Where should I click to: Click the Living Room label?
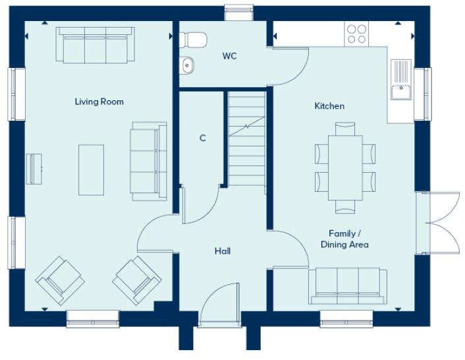99,102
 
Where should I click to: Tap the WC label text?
229,56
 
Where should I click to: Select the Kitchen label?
329,105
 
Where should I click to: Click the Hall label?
223,251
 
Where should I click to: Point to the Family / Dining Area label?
344,239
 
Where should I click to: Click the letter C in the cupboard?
203,138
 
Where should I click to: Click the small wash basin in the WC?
187,65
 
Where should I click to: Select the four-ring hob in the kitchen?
357,34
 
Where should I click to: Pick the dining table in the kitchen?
345,167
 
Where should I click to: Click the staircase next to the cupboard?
246,138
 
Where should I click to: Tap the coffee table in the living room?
91,169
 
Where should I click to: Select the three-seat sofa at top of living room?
96,45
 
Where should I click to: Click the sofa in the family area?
348,285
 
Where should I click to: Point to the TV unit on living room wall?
34,169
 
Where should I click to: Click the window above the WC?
238,13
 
